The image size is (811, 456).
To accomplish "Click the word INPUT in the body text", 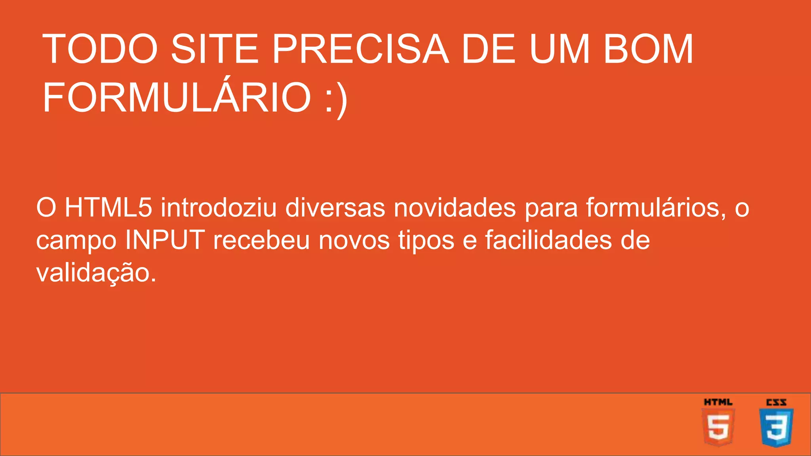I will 165,240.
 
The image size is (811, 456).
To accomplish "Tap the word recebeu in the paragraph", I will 261,240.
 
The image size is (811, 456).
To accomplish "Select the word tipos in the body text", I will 426,241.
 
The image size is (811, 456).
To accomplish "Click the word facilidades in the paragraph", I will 548,240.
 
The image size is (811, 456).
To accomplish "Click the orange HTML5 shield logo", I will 718,424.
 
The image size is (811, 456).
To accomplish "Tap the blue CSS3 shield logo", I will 776,424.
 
